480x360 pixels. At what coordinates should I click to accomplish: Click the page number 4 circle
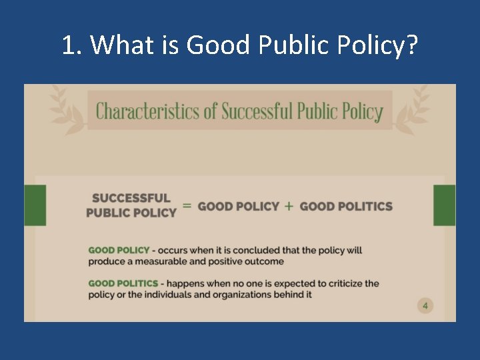425,306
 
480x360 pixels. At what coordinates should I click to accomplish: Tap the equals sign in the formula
187,206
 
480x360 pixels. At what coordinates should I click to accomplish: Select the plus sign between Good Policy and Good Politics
289,206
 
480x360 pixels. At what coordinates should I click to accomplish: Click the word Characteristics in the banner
147,111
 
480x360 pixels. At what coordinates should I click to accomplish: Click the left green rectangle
35,205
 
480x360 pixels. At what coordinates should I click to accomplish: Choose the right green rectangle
444,205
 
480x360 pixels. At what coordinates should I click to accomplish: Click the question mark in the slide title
411,45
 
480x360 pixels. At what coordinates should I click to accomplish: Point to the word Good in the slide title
214,45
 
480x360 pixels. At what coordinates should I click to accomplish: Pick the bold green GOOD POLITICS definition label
123,283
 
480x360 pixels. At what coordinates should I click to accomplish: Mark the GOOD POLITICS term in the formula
346,206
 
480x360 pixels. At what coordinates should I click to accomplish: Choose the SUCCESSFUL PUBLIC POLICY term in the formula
131,205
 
